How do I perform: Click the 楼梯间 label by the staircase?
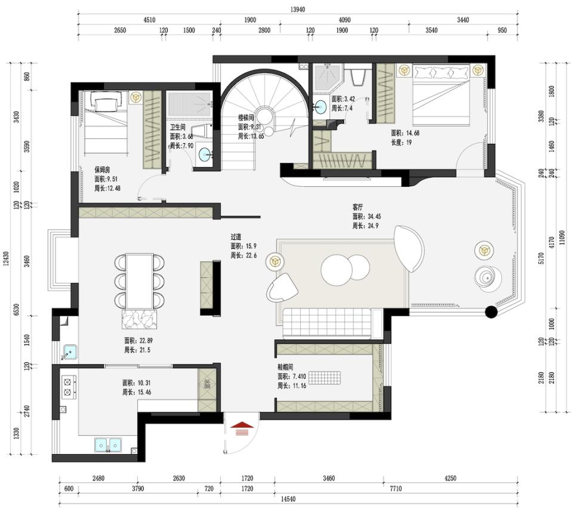[x=247, y=118]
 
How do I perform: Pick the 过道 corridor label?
[x=236, y=236]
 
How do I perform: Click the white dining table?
[x=139, y=280]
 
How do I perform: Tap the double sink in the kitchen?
[x=107, y=445]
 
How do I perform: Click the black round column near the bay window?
[x=491, y=311]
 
